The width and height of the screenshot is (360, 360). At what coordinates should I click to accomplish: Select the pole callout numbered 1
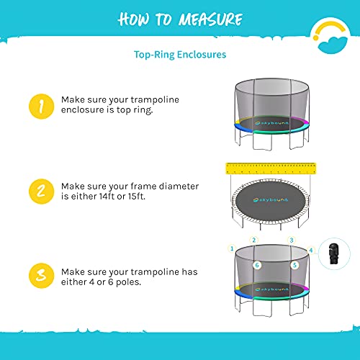tap(232, 248)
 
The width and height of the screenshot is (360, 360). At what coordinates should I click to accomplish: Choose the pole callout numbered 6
tap(256, 265)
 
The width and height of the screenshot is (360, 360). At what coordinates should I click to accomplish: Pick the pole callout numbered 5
tap(294, 265)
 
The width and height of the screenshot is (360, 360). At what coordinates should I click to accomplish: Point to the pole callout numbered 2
tap(253, 240)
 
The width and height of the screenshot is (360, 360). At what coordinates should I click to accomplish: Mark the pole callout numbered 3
tap(292, 240)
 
